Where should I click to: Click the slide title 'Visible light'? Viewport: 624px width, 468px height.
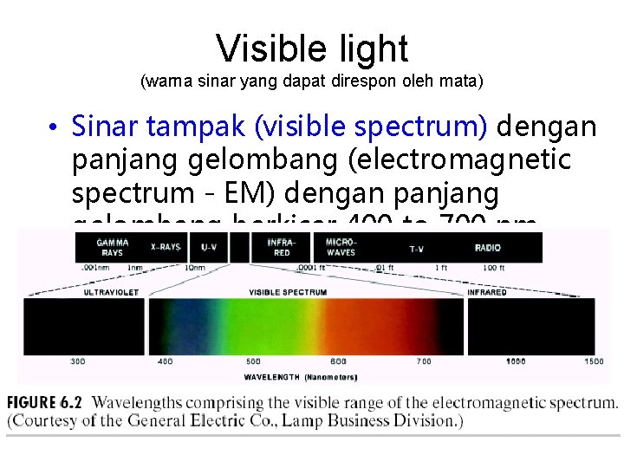(x=312, y=49)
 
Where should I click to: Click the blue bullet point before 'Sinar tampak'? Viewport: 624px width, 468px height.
(x=53, y=129)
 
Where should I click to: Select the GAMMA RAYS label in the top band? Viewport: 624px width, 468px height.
(x=113, y=247)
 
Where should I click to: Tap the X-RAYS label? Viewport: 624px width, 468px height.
(x=165, y=247)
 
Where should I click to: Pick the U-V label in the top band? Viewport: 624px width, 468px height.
(x=210, y=247)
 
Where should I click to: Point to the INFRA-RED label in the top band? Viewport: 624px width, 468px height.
(x=279, y=247)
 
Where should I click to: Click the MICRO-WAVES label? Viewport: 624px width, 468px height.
(x=341, y=247)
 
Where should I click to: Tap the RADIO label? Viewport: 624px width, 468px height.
(x=488, y=248)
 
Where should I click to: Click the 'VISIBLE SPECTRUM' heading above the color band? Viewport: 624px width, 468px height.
(x=288, y=292)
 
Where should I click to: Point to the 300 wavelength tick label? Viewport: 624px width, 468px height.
(x=78, y=361)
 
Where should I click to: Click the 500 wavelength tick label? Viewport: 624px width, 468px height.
(x=253, y=361)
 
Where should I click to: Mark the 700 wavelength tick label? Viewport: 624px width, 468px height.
(x=423, y=361)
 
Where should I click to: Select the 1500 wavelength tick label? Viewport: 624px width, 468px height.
(x=593, y=361)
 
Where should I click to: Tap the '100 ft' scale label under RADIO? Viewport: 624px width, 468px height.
(x=494, y=269)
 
